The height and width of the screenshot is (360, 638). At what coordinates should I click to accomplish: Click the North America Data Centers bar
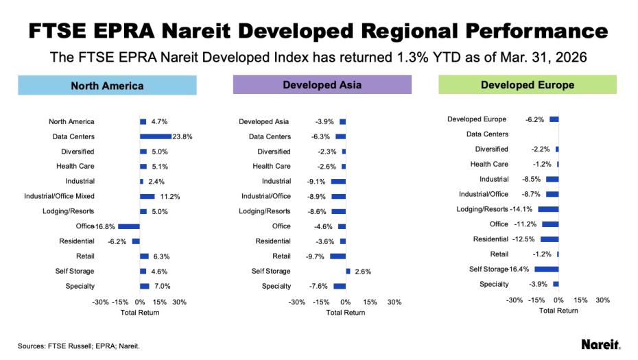coord(155,136)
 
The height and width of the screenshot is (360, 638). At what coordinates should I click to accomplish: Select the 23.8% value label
coord(182,136)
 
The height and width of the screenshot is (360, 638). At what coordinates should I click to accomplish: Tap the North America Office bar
coord(129,226)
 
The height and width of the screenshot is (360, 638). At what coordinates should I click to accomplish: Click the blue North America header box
coord(107,86)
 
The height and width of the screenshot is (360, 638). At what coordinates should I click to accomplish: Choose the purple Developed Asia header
coord(322,85)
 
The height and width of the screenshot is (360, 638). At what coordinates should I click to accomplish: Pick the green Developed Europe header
coord(527,85)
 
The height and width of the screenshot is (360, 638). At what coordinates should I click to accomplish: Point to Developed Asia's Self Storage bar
coord(348,271)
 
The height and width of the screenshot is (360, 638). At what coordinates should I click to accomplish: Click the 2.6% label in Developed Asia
coord(363,272)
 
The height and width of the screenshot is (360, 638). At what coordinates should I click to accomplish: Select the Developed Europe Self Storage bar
coord(547,269)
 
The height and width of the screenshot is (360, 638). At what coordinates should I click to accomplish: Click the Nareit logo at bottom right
coord(601,344)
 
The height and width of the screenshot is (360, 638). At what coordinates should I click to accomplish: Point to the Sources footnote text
coord(78,346)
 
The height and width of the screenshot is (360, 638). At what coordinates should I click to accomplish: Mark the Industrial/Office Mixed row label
coord(60,196)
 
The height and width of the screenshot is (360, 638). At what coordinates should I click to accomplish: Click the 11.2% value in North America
coord(170,196)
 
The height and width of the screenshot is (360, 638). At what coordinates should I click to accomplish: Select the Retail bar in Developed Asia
coord(338,256)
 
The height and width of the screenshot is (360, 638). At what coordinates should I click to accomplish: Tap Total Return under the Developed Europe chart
coord(558,311)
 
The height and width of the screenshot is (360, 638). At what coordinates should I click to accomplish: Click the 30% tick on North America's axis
coord(179,302)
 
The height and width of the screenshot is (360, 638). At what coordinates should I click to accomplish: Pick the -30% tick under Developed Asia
coord(297,302)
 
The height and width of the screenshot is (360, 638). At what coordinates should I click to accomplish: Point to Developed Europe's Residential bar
coord(550,239)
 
